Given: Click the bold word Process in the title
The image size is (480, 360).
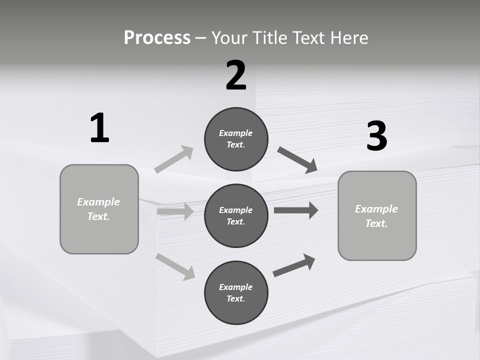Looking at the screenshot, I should (157, 37).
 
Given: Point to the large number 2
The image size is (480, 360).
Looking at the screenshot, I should (236, 75).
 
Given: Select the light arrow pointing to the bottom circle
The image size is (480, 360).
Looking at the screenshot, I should (175, 266).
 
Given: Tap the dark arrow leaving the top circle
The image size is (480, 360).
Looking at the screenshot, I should (297, 159).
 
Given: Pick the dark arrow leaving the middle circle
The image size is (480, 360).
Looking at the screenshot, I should (296, 210).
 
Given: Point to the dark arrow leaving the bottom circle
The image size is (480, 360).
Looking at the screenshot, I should (294, 265).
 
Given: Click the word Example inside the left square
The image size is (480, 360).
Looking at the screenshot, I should (98, 202).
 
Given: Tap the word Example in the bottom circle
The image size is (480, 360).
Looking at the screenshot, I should (235, 287).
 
